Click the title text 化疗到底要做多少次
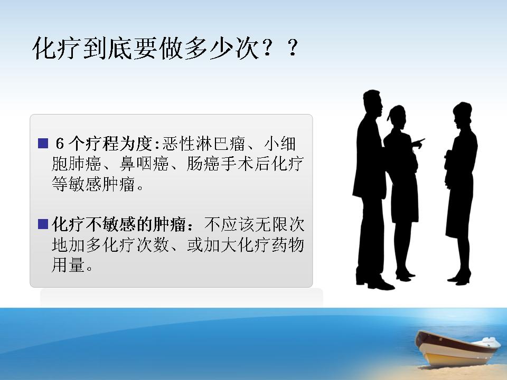pyautogui.click(x=146, y=49)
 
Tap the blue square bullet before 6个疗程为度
pyautogui.click(x=43, y=143)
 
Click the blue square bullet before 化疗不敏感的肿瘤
pyautogui.click(x=43, y=224)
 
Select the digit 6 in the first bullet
pyautogui.click(x=60, y=144)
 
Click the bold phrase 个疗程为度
pyautogui.click(x=110, y=144)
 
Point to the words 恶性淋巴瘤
pyautogui.click(x=204, y=144)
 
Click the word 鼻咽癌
pyautogui.click(x=144, y=164)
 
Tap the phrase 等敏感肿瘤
pyautogui.click(x=93, y=184)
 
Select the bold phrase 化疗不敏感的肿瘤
pyautogui.click(x=119, y=224)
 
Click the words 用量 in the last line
pyautogui.click(x=68, y=264)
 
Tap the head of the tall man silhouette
pyautogui.click(x=372, y=101)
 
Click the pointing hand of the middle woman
pyautogui.click(x=418, y=143)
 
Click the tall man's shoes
pyautogui.click(x=375, y=283)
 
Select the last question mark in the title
pyautogui.click(x=293, y=48)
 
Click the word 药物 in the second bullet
pyautogui.click(x=287, y=244)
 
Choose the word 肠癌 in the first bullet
pyautogui.click(x=203, y=164)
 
